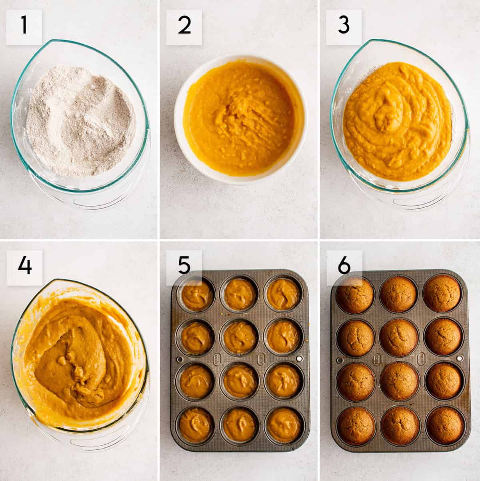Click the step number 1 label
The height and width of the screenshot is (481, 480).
pyautogui.click(x=24, y=26)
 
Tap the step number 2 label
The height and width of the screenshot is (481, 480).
pyautogui.click(x=184, y=26)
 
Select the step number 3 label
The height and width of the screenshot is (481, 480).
pyautogui.click(x=344, y=26)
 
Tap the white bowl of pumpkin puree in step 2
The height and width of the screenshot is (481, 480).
pyautogui.click(x=240, y=120)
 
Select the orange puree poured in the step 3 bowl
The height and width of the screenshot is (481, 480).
pyautogui.click(x=396, y=120)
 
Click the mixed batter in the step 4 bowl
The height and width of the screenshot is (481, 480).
pyautogui.click(x=80, y=360)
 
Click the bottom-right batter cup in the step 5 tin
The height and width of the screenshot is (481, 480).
pyautogui.click(x=285, y=424)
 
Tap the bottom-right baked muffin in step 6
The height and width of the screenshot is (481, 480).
pyautogui.click(x=445, y=424)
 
